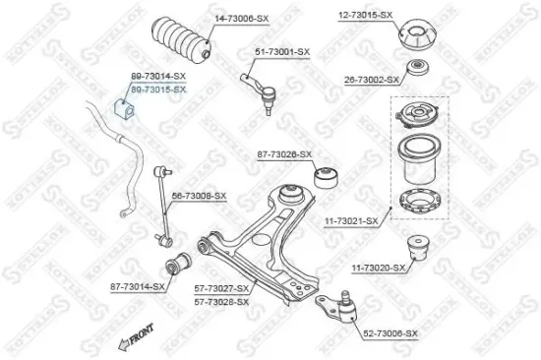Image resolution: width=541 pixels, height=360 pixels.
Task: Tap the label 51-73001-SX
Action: click(281, 51)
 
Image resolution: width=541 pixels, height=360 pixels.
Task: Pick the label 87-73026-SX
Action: click(284, 154)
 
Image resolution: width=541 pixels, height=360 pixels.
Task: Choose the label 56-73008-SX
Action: click(200, 196)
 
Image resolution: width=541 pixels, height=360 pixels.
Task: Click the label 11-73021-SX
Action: click(351, 221)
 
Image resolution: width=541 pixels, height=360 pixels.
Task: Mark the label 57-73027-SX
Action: click(221, 289)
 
